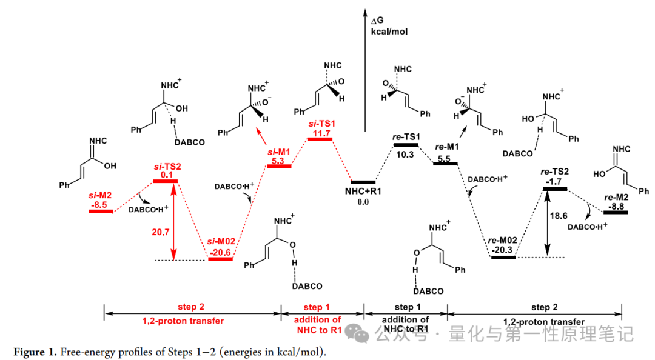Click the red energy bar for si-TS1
coord(320,139)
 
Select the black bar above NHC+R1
coord(363,182)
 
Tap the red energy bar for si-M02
coord(220,259)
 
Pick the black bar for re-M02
coord(503,257)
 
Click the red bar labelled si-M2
coord(101,212)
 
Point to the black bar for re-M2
coord(616,213)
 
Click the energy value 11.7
coord(320,133)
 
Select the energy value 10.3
coord(405,155)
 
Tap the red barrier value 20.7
coord(160,232)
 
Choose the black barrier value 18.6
coord(559,216)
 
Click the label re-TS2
coord(554,172)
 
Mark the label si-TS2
coord(167,167)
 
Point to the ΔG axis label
coord(377,21)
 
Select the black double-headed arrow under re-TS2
coord(547,224)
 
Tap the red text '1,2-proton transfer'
coord(183,321)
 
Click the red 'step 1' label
coord(316,307)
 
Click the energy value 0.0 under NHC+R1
coord(363,202)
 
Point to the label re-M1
coord(447,147)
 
